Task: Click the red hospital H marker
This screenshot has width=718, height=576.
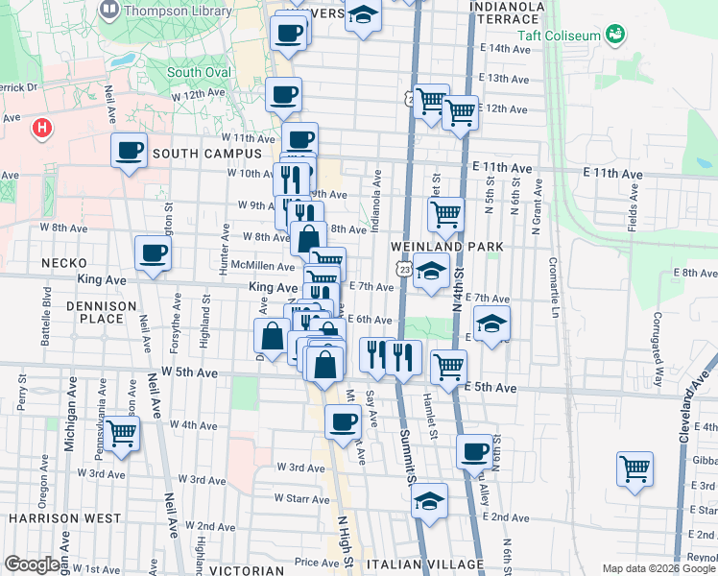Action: [x=41, y=127]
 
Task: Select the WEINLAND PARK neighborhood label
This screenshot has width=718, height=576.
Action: [x=446, y=247]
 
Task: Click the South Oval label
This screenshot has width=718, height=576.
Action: [x=199, y=72]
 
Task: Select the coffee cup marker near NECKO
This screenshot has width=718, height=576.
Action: [x=153, y=254]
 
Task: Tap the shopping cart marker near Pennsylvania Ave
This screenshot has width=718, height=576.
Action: [x=121, y=433]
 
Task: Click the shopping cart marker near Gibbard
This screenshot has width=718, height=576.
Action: [x=634, y=469]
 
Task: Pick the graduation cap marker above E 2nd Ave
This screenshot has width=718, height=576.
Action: [x=430, y=500]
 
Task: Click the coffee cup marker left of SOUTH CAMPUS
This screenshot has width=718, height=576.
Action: [x=129, y=150]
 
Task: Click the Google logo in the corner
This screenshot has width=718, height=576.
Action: [x=32, y=564]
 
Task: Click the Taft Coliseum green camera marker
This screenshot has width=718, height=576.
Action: [x=615, y=36]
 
